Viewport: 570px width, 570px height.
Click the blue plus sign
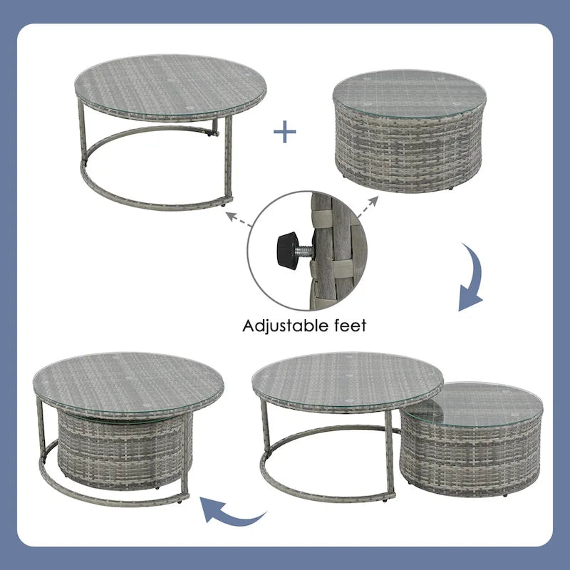coord(284,132)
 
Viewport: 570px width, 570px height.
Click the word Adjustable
coord(285,326)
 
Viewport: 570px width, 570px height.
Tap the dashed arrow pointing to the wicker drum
coord(368,207)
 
